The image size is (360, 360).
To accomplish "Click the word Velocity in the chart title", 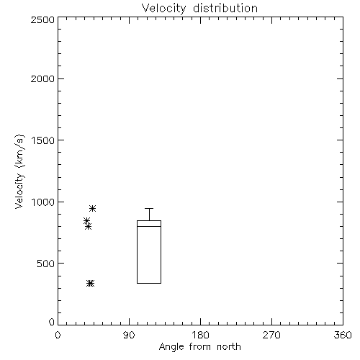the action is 164,9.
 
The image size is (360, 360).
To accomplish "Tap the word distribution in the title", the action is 225,8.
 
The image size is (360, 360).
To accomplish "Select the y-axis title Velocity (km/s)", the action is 19,171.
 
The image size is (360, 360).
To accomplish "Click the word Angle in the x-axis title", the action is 171,347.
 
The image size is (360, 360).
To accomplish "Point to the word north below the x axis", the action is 229,346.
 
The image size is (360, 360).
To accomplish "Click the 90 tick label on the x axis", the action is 129,335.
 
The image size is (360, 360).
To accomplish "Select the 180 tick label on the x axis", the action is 200,335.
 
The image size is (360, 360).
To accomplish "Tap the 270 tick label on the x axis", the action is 271,335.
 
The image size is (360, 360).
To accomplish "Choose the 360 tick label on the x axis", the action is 343,335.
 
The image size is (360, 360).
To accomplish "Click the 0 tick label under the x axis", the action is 58,335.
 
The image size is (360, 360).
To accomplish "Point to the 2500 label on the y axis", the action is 42,19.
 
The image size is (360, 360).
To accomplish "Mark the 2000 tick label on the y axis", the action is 42,78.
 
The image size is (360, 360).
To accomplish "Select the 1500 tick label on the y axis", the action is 43,140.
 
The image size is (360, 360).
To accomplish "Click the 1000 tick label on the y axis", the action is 43,202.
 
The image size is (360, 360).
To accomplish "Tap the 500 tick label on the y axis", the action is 46,264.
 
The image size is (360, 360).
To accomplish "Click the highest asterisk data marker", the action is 93,208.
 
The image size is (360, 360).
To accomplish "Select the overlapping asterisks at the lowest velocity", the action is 90,284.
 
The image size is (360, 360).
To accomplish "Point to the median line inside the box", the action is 149,226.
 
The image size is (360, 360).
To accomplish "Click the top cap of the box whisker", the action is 149,208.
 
